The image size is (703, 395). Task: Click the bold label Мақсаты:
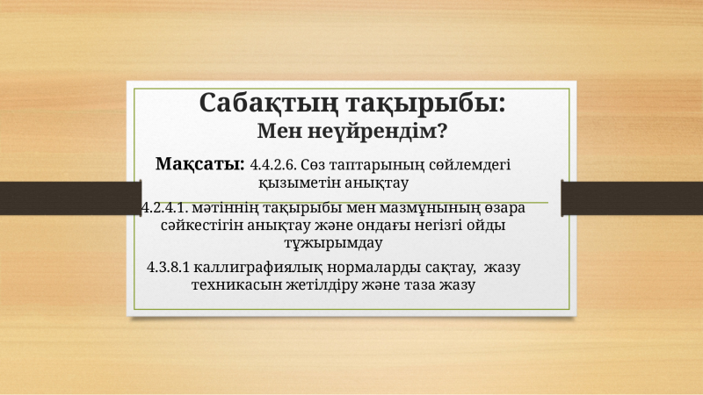click(x=200, y=164)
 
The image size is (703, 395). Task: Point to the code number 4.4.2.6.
click(x=273, y=165)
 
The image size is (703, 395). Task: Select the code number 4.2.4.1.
click(x=164, y=208)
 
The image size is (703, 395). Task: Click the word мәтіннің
click(x=226, y=208)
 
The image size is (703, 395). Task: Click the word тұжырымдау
click(x=333, y=243)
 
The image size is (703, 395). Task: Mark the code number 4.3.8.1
click(x=168, y=268)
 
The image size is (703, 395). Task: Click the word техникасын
click(x=236, y=285)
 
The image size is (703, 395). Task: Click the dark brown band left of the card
click(x=71, y=198)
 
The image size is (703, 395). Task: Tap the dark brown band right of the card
click(x=632, y=198)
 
